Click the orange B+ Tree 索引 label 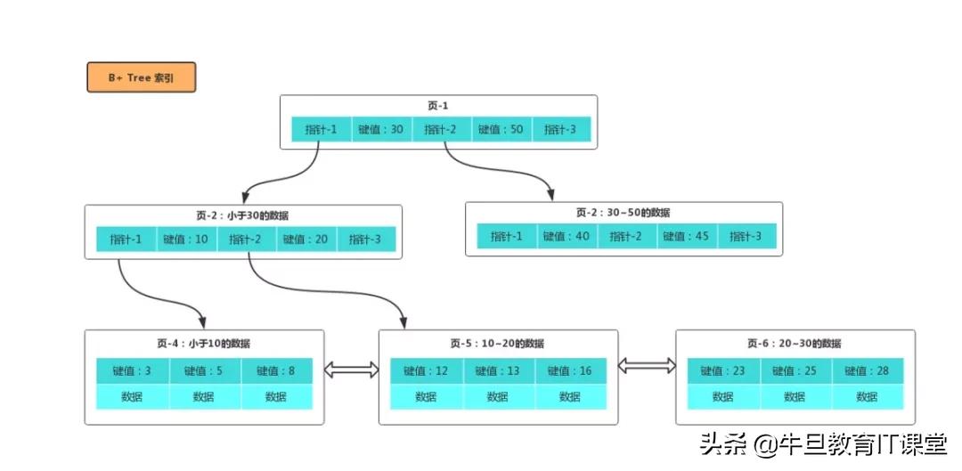pos(141,77)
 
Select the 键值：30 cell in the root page pos(381,129)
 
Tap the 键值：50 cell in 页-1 pos(501,129)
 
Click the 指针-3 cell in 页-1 pos(560,129)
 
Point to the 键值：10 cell pos(186,240)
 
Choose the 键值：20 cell pos(306,240)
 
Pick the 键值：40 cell pos(567,236)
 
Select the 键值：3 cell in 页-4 pos(133,371)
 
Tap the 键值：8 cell pos(276,371)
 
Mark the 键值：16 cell pos(570,371)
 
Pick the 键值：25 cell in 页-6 pos(795,371)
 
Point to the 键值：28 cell pos(867,371)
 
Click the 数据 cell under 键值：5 pos(204,397)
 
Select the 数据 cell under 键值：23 pos(722,397)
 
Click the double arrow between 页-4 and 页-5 pos(351,369)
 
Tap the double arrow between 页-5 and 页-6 pos(647,365)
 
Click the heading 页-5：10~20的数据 pos(497,344)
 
